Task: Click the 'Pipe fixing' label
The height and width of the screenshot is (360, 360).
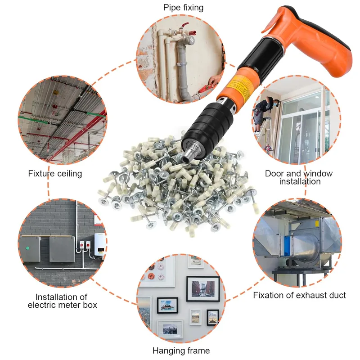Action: [183, 8]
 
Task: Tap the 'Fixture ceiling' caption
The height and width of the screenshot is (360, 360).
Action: [55, 174]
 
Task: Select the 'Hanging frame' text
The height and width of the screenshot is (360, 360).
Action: [181, 351]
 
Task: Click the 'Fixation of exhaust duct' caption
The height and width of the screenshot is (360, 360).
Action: [299, 295]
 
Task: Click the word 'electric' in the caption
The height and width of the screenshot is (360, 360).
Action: [44, 305]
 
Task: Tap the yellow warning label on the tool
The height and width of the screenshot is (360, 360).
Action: [240, 84]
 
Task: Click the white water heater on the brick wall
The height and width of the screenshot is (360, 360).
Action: [99, 245]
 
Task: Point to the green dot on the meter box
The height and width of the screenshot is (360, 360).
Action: [27, 248]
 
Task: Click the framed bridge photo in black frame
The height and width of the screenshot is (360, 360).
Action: [203, 289]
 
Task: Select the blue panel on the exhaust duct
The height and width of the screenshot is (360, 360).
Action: [287, 246]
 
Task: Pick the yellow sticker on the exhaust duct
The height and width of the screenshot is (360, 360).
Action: [317, 223]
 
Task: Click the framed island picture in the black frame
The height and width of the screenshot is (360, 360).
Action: [167, 306]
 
